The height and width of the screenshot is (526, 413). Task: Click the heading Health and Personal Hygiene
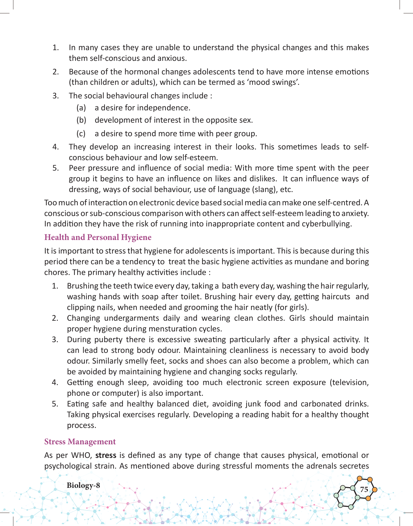98,237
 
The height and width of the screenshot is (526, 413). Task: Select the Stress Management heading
80,442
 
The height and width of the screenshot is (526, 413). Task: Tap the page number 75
364,489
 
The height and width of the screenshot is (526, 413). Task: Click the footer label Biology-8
83,485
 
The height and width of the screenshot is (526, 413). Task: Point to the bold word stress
106,455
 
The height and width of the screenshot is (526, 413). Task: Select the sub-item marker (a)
81,108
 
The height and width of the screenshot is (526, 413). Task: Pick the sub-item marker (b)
81,120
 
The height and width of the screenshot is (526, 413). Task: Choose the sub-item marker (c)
81,134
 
